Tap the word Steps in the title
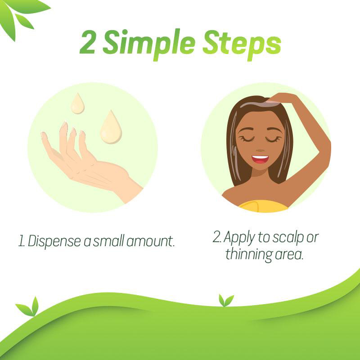[242, 44]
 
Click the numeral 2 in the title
[87, 42]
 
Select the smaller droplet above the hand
[77, 103]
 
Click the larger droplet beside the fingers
[111, 127]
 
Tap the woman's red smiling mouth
[260, 159]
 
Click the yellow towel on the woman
[263, 206]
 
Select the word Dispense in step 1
[54, 242]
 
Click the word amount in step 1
[150, 241]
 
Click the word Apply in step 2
[239, 238]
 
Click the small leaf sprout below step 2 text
[226, 300]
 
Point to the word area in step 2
[289, 254]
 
